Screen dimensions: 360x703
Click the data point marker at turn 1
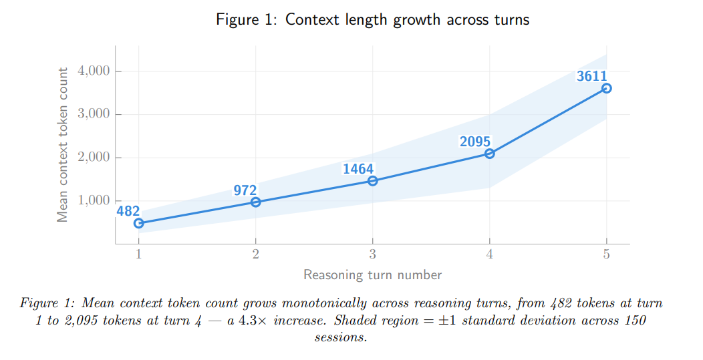click(139, 223)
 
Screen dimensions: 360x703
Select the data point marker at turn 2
click(256, 202)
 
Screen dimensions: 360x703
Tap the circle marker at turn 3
click(373, 180)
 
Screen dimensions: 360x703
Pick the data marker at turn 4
click(490, 154)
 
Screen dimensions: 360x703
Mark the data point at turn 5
click(606, 88)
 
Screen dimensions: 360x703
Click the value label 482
click(128, 211)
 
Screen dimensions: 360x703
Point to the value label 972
click(245, 190)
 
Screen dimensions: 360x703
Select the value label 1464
click(358, 169)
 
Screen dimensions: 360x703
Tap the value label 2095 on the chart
click(475, 142)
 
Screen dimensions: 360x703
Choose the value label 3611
click(592, 76)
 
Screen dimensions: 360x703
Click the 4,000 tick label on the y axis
click(95, 71)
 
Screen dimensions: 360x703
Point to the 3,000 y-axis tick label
click(95, 114)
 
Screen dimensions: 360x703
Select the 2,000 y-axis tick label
click(95, 158)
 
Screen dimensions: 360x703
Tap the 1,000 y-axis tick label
click(95, 200)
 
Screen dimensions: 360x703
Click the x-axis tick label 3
click(373, 254)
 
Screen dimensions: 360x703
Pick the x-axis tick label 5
click(606, 254)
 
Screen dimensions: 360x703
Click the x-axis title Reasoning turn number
click(372, 275)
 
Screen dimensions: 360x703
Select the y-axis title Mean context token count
click(63, 145)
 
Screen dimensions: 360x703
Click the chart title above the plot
click(372, 19)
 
